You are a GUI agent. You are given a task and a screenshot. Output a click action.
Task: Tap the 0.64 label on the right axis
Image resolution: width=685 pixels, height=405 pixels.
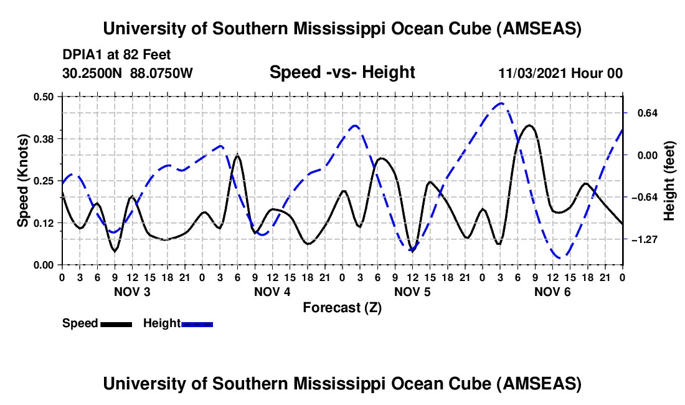pos(645,113)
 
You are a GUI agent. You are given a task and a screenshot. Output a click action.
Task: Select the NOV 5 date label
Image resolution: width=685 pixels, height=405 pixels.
pos(412,292)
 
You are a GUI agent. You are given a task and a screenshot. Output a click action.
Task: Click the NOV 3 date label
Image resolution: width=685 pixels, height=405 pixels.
pos(132,292)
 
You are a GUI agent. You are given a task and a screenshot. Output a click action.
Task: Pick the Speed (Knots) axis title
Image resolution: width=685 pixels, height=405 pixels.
pos(23,180)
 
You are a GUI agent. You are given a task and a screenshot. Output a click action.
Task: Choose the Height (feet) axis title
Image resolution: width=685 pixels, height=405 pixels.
pos(669,181)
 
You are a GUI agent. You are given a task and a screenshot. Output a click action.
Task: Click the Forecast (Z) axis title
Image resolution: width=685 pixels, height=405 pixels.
pos(342,307)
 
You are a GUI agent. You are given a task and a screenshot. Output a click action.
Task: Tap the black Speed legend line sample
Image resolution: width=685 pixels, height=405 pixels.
pos(116,323)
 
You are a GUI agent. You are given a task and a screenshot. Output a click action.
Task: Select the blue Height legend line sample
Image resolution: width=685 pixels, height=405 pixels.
pos(197,323)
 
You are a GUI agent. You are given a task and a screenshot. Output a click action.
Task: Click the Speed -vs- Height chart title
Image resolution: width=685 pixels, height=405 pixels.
pos(342,73)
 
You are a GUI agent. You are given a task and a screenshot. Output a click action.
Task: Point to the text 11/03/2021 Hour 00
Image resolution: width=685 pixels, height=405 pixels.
pos(560,74)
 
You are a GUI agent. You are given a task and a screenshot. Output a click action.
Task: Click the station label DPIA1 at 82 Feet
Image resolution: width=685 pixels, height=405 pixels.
pos(116,55)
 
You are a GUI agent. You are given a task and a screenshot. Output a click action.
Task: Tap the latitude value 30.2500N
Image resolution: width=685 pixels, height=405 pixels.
pos(93,74)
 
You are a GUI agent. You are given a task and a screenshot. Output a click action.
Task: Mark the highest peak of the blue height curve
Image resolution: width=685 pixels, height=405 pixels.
pos(500,103)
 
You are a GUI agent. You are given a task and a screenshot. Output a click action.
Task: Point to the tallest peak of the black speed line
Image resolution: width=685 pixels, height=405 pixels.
pos(529,125)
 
